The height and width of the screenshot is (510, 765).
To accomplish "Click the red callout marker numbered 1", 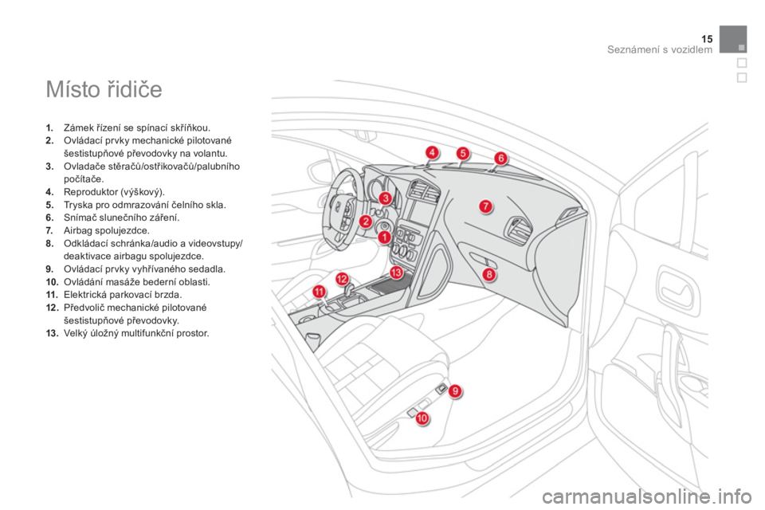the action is [x=384, y=237].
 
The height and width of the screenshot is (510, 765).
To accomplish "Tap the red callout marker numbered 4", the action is [x=431, y=152].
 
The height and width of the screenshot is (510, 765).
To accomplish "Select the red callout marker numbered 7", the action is [x=485, y=206].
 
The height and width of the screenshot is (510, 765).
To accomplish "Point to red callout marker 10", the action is [x=422, y=418].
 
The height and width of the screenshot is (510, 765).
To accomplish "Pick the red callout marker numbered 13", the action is [x=396, y=273].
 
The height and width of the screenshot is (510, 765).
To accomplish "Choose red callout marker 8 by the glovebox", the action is [x=488, y=275].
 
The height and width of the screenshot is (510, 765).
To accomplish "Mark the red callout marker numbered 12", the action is [x=342, y=279].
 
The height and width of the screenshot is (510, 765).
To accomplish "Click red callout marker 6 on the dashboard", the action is [x=500, y=158].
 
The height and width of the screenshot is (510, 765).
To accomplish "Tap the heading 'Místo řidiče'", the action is [x=104, y=89].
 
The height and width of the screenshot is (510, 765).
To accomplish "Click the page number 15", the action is [x=707, y=39].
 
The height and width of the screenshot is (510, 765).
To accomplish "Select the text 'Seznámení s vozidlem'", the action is [x=660, y=49].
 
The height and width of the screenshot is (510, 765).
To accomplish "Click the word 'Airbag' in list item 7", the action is [x=78, y=230].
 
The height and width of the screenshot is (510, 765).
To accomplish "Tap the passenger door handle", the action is [x=675, y=287].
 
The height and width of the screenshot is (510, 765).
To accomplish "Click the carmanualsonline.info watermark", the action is [x=646, y=497].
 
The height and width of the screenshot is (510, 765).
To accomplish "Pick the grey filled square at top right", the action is [x=733, y=39].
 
